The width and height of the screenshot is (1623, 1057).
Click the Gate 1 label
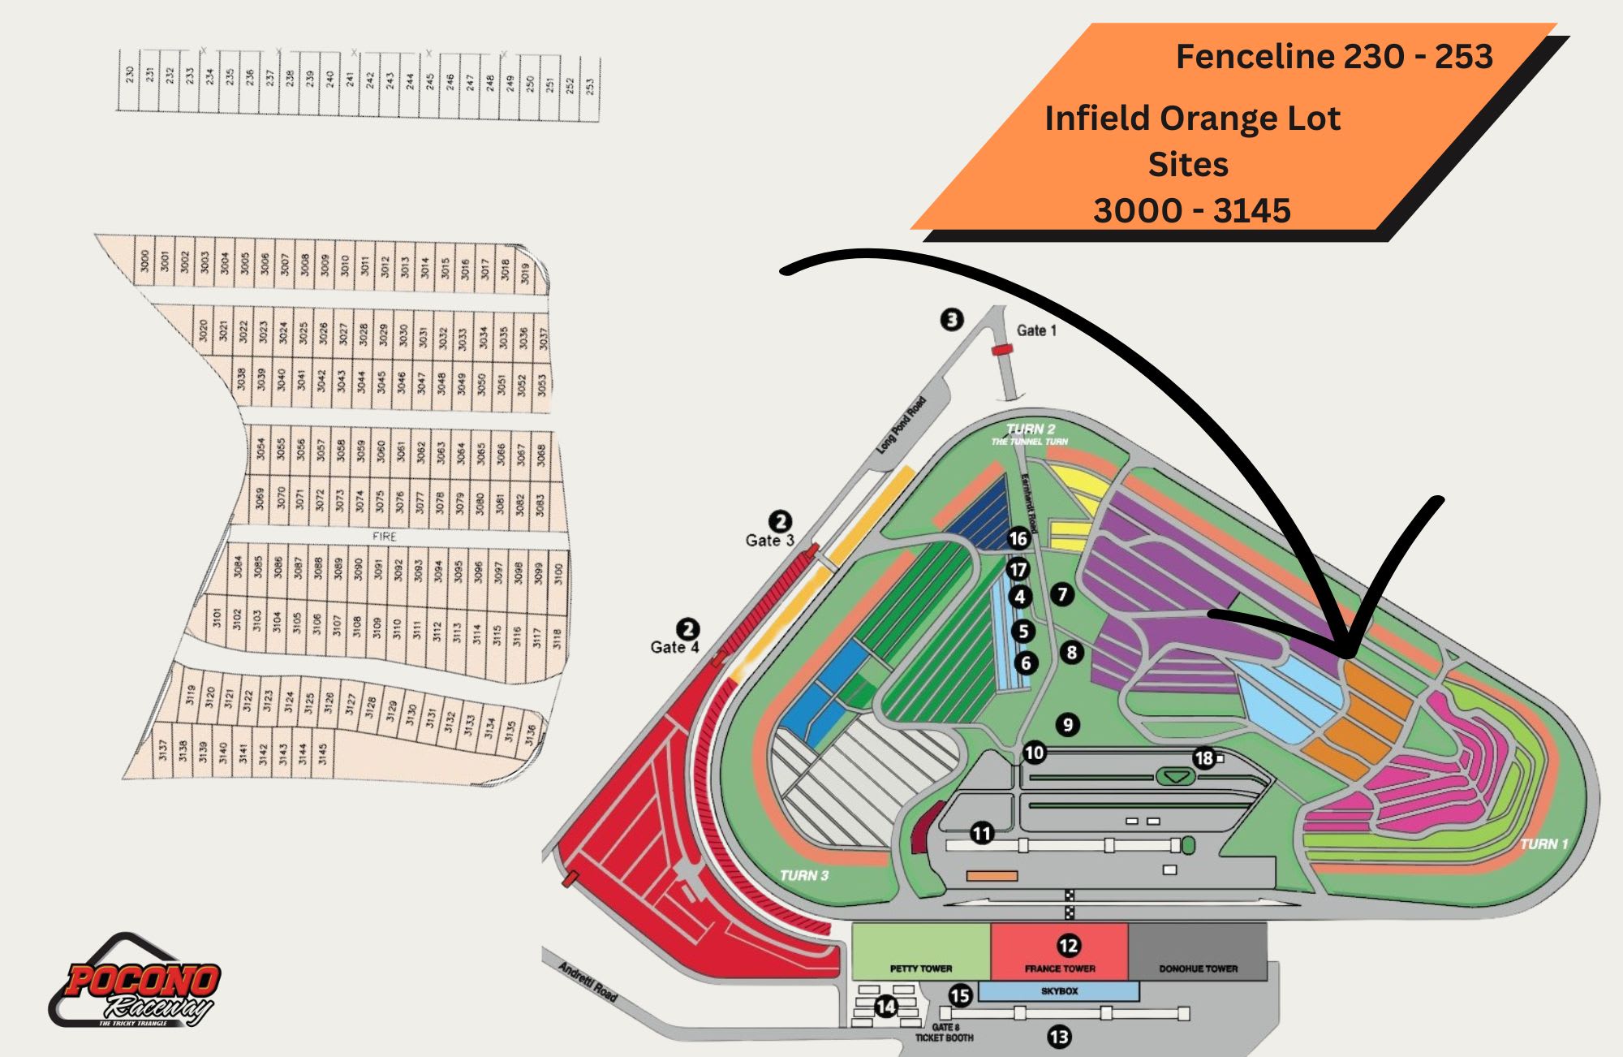point(1036,330)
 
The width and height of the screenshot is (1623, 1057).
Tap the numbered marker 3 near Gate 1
point(952,319)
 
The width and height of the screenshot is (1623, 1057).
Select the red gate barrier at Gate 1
point(1003,350)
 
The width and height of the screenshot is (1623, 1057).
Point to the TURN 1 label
point(1543,844)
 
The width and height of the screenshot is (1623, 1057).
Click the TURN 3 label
point(803,875)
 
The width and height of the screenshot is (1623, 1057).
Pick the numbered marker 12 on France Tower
point(1068,946)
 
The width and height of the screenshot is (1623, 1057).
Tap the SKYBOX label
point(1059,991)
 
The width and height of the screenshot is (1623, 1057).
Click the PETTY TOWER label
point(920,969)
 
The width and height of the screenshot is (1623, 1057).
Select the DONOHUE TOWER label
point(1198,969)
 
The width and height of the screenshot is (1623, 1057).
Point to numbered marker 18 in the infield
point(1203,758)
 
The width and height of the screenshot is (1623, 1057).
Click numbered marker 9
point(1068,724)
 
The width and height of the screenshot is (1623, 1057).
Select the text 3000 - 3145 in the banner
point(1191,210)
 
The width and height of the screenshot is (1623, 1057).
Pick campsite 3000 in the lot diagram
point(144,261)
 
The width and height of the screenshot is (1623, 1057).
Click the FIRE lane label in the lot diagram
point(384,537)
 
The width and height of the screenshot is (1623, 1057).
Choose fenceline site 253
point(590,84)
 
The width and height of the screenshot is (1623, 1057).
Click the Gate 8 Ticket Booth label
point(944,1033)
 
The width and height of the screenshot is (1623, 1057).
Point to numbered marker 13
point(1059,1037)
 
